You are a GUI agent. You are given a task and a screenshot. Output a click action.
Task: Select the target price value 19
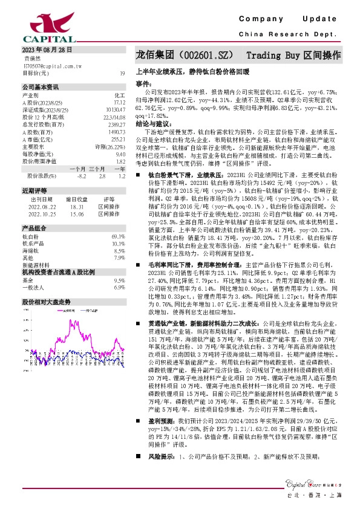tap(122, 73)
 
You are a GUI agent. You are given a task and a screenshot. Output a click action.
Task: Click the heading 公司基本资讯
tap(41, 86)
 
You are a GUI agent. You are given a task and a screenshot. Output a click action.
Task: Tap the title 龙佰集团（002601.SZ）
tap(183, 55)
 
